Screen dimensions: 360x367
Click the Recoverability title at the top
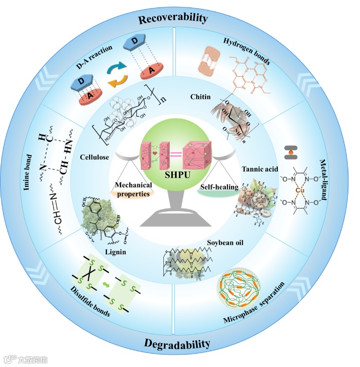click(x=173, y=19)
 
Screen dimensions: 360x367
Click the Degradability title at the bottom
click(x=177, y=344)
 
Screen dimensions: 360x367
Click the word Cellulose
click(x=95, y=158)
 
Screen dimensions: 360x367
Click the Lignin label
click(x=116, y=252)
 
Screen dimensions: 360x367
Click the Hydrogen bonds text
click(x=246, y=51)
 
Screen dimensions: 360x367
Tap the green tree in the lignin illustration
click(x=100, y=218)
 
